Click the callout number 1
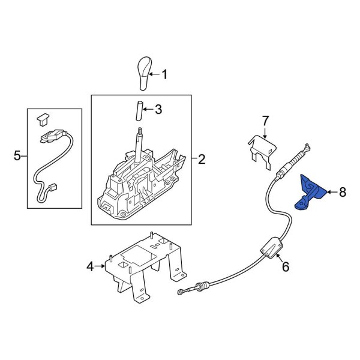[164, 74]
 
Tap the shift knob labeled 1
[145, 73]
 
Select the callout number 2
[202, 159]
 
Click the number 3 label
[158, 110]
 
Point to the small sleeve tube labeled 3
[139, 110]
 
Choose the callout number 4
[90, 266]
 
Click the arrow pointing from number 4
[100, 266]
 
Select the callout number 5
[17, 156]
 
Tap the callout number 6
[286, 267]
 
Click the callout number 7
[265, 121]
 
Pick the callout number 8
[343, 192]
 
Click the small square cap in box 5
[43, 119]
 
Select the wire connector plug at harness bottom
[53, 188]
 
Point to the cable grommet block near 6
[272, 247]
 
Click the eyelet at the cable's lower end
[180, 292]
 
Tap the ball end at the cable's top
[307, 145]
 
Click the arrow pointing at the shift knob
[155, 74]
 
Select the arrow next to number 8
[332, 192]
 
